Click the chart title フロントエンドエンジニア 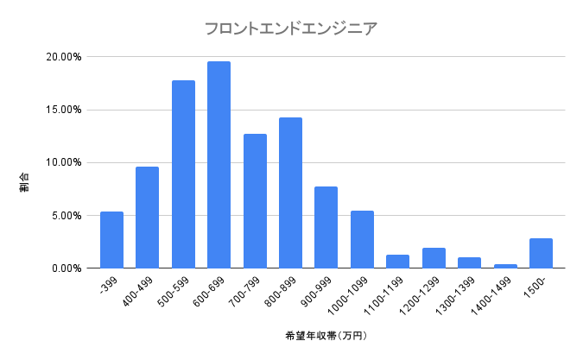(x=290, y=28)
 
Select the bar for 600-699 (x=219, y=165)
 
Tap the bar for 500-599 (x=183, y=174)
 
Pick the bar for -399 (x=111, y=240)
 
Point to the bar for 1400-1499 (x=505, y=266)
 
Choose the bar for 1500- (x=541, y=253)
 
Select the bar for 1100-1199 (x=397, y=262)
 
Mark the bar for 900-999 (x=326, y=227)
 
